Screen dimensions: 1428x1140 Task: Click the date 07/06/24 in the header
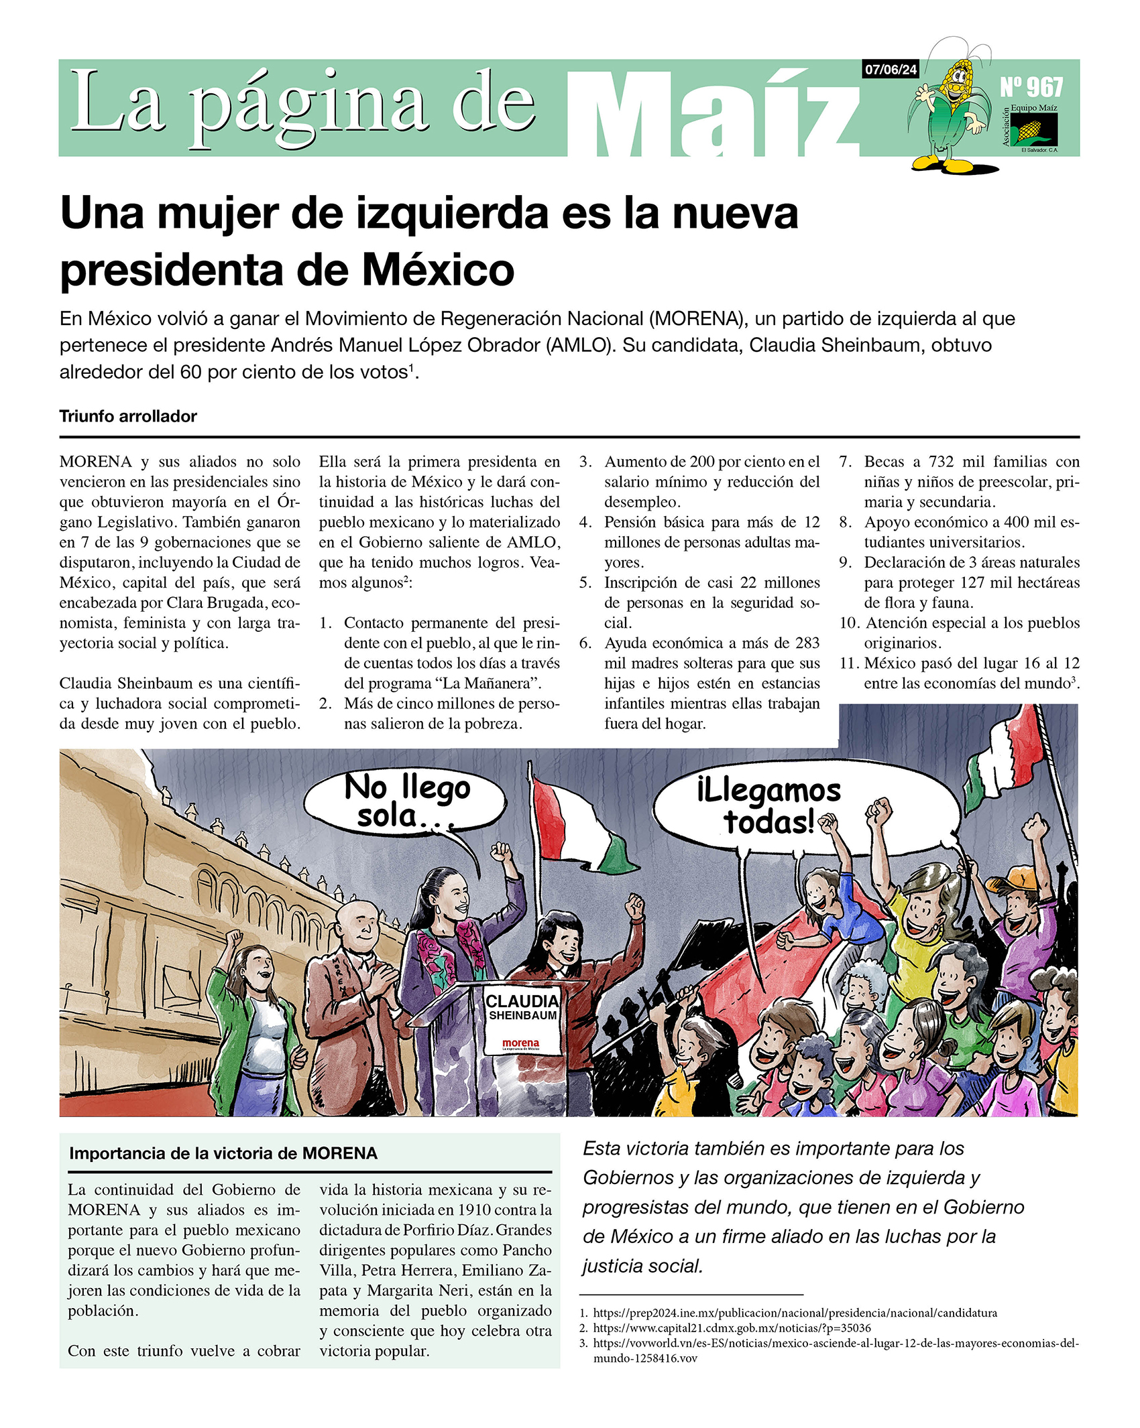(x=890, y=70)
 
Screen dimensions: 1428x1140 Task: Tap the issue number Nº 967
(x=1031, y=87)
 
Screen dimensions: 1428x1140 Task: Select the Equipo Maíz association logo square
(x=1033, y=129)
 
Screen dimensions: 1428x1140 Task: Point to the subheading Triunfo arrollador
(x=128, y=416)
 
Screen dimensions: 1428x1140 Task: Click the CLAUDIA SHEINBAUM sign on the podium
(x=522, y=1007)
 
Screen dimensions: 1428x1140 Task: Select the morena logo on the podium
(x=520, y=1044)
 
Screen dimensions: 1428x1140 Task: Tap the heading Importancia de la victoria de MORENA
(x=223, y=1153)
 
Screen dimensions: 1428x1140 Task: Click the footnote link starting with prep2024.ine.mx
(x=795, y=1313)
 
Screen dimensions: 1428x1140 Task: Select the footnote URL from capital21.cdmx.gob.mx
(x=732, y=1327)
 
